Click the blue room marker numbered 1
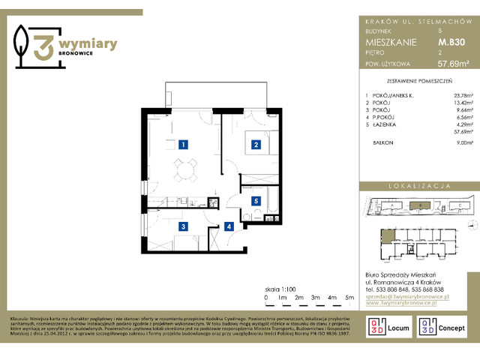(183, 144)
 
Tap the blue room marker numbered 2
(256, 144)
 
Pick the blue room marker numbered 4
(229, 205)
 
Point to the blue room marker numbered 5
(256, 180)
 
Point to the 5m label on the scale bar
(349, 298)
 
